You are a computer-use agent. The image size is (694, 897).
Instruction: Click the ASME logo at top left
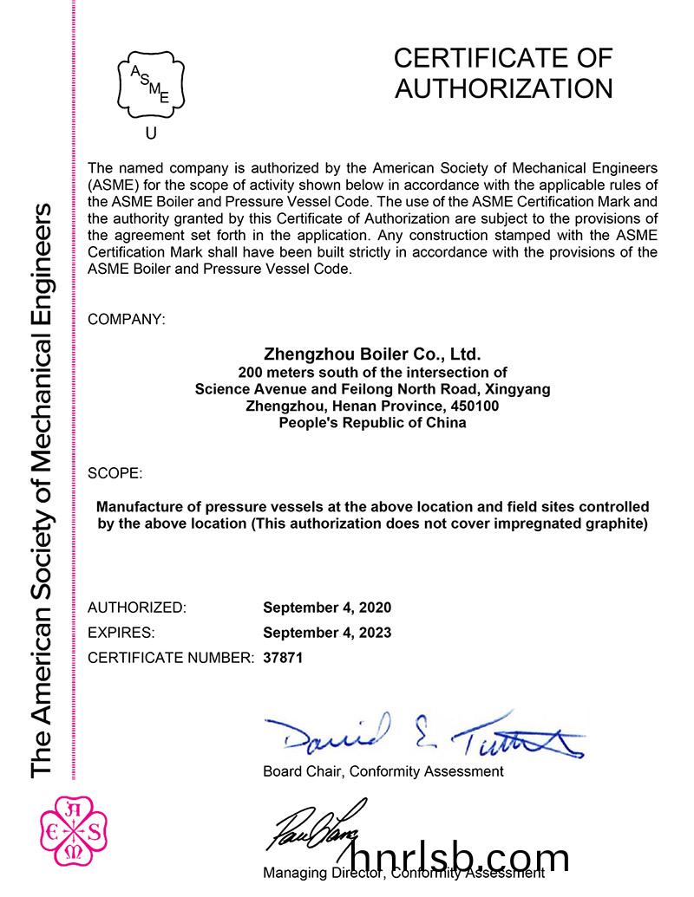pos(152,84)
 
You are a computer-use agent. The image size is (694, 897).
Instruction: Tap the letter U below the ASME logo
pos(152,133)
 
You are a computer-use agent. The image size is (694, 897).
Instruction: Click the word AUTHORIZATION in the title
pos(503,88)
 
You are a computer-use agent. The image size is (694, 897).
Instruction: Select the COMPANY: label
pos(127,319)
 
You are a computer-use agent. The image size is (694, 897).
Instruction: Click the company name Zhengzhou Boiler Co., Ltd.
pos(371,354)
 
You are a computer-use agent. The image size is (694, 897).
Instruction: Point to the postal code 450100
pos(475,406)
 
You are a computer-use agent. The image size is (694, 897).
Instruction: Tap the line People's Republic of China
pos(372,423)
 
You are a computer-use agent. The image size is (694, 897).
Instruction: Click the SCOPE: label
pos(115,473)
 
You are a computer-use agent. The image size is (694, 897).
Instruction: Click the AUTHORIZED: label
pos(137,608)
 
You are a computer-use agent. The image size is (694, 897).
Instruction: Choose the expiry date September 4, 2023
pos(327,633)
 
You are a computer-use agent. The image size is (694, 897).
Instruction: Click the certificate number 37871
pos(283,658)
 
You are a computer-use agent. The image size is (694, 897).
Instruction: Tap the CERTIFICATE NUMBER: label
pos(172,658)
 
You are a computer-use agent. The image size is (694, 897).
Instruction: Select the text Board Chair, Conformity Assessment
pos(383,770)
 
